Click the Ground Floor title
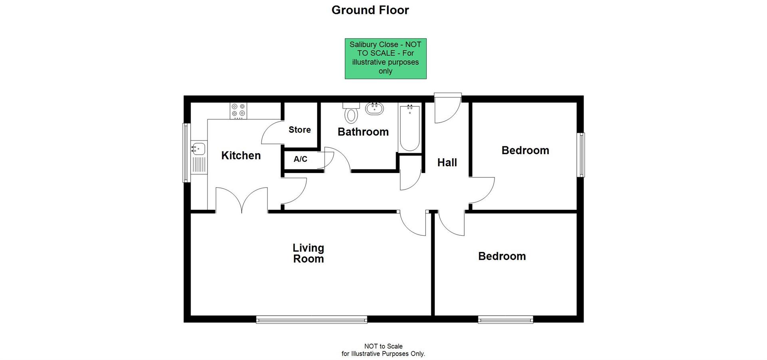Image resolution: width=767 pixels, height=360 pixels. [370, 10]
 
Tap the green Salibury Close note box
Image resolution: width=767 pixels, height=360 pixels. [385, 58]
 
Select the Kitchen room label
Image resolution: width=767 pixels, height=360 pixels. [241, 155]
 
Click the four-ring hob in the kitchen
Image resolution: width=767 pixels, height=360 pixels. [238, 111]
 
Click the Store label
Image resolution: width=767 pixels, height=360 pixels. [300, 130]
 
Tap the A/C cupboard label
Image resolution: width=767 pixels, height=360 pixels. [300, 159]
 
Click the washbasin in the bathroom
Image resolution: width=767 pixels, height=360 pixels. [374, 108]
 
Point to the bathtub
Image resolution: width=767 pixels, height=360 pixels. [409, 127]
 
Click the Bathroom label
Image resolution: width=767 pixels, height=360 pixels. [363, 132]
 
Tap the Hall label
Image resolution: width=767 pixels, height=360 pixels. [447, 163]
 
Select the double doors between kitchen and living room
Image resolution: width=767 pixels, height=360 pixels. [242, 200]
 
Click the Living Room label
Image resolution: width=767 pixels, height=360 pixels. [308, 253]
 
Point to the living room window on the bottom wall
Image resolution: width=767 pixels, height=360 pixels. [311, 319]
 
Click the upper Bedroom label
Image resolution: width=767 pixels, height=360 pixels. [525, 151]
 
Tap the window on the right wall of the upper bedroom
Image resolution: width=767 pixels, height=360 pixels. [581, 155]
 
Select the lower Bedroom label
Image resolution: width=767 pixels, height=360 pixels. [502, 256]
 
